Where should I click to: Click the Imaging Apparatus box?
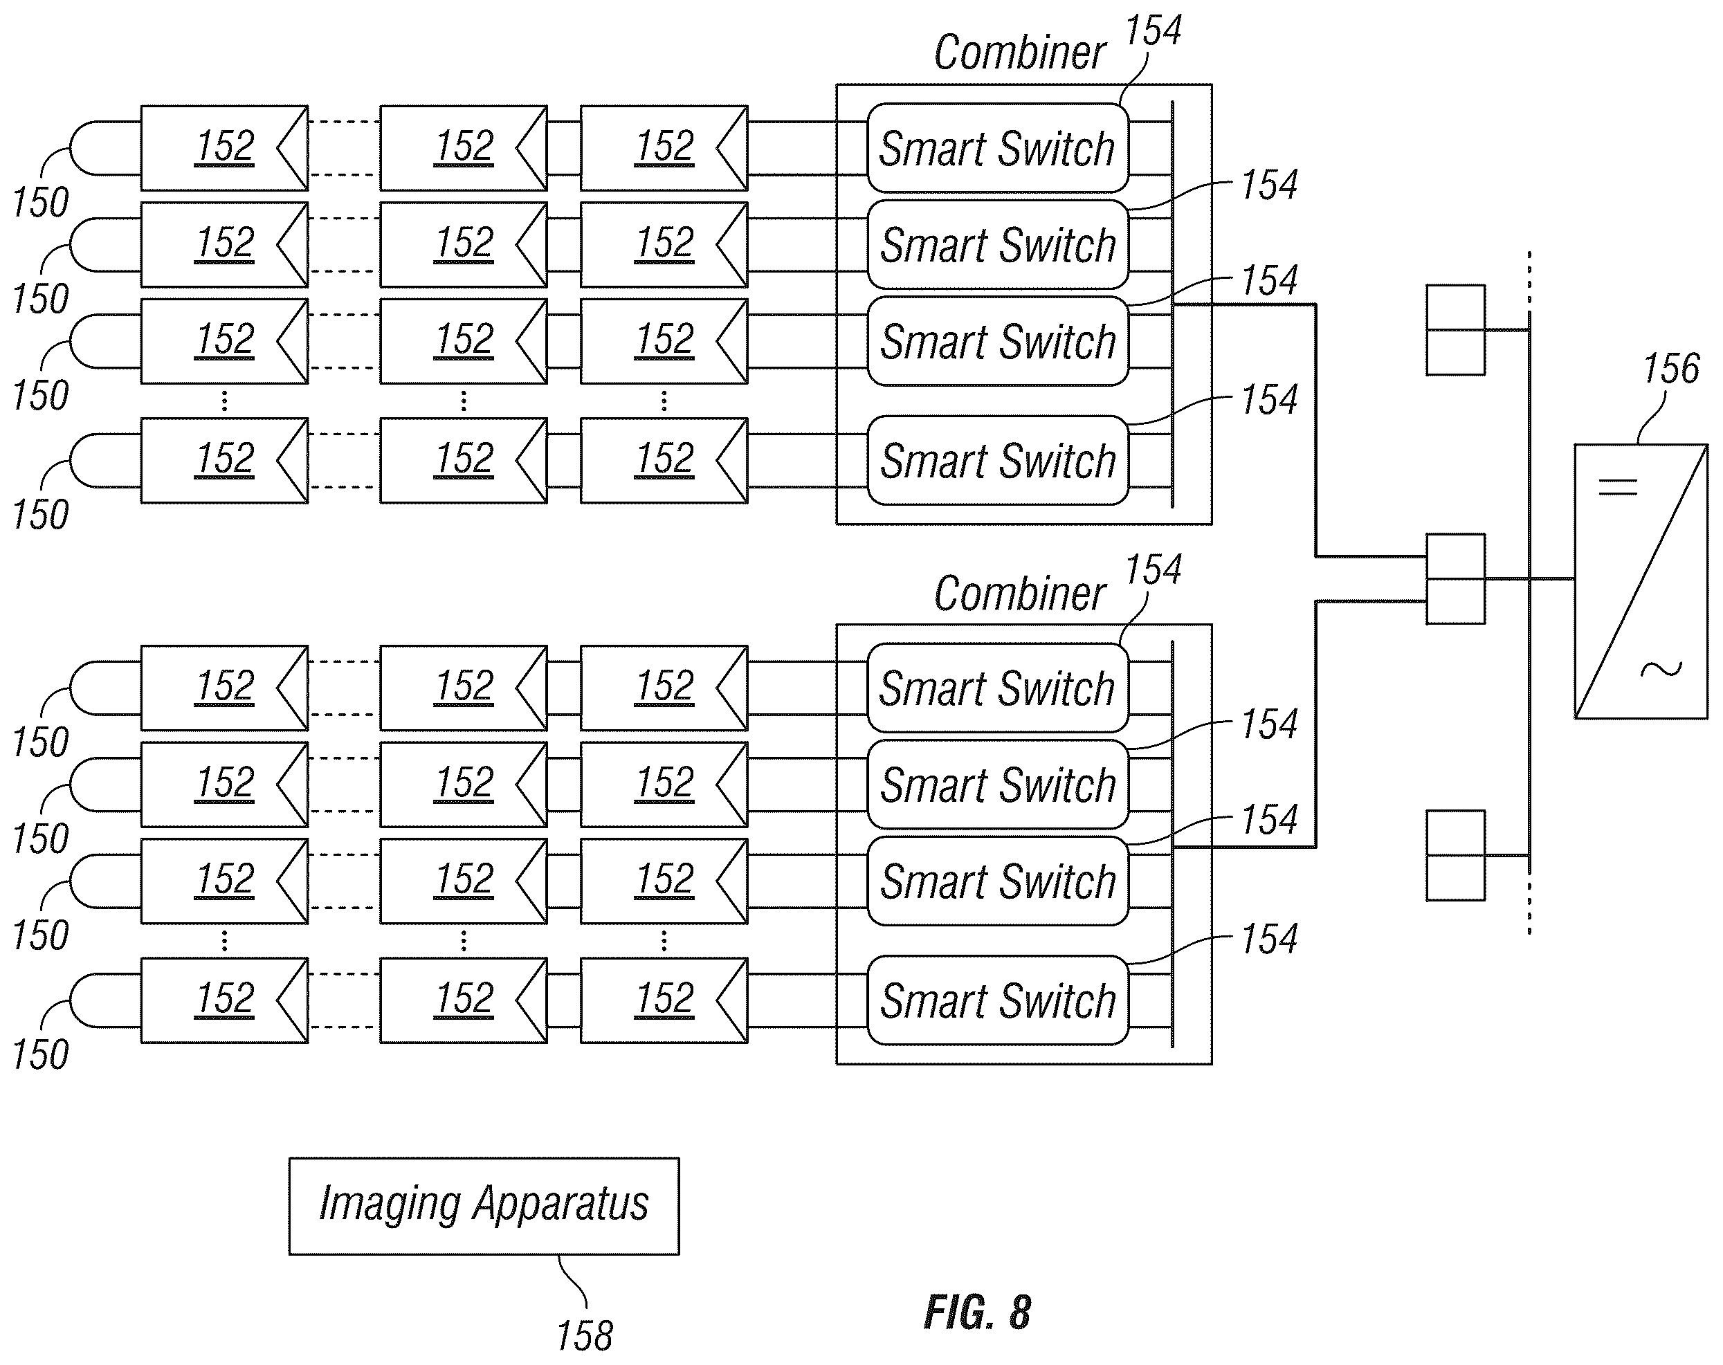pyautogui.click(x=484, y=1206)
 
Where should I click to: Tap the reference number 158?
pyautogui.click(x=584, y=1336)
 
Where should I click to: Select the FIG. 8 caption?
pyautogui.click(x=977, y=1312)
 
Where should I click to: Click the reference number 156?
pyautogui.click(x=1670, y=369)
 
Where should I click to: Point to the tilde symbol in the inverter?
pyautogui.click(x=1661, y=669)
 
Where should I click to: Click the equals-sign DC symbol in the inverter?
pyautogui.click(x=1618, y=486)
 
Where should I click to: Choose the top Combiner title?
pyautogui.click(x=1020, y=53)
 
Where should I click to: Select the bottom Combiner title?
pyautogui.click(x=1020, y=594)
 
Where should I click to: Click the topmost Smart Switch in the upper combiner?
pyautogui.click(x=997, y=148)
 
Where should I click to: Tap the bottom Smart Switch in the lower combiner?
pyautogui.click(x=997, y=1000)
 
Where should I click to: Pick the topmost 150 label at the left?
pyautogui.click(x=40, y=202)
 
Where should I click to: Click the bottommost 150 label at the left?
pyautogui.click(x=40, y=1054)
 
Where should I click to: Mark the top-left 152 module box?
pyautogui.click(x=225, y=148)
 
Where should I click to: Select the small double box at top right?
pyautogui.click(x=1455, y=330)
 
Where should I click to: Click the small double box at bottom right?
pyautogui.click(x=1455, y=855)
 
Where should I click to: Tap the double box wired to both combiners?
pyautogui.click(x=1455, y=578)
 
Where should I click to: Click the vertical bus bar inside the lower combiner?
pyautogui.click(x=1172, y=844)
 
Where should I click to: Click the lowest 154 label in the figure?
pyautogui.click(x=1269, y=938)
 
